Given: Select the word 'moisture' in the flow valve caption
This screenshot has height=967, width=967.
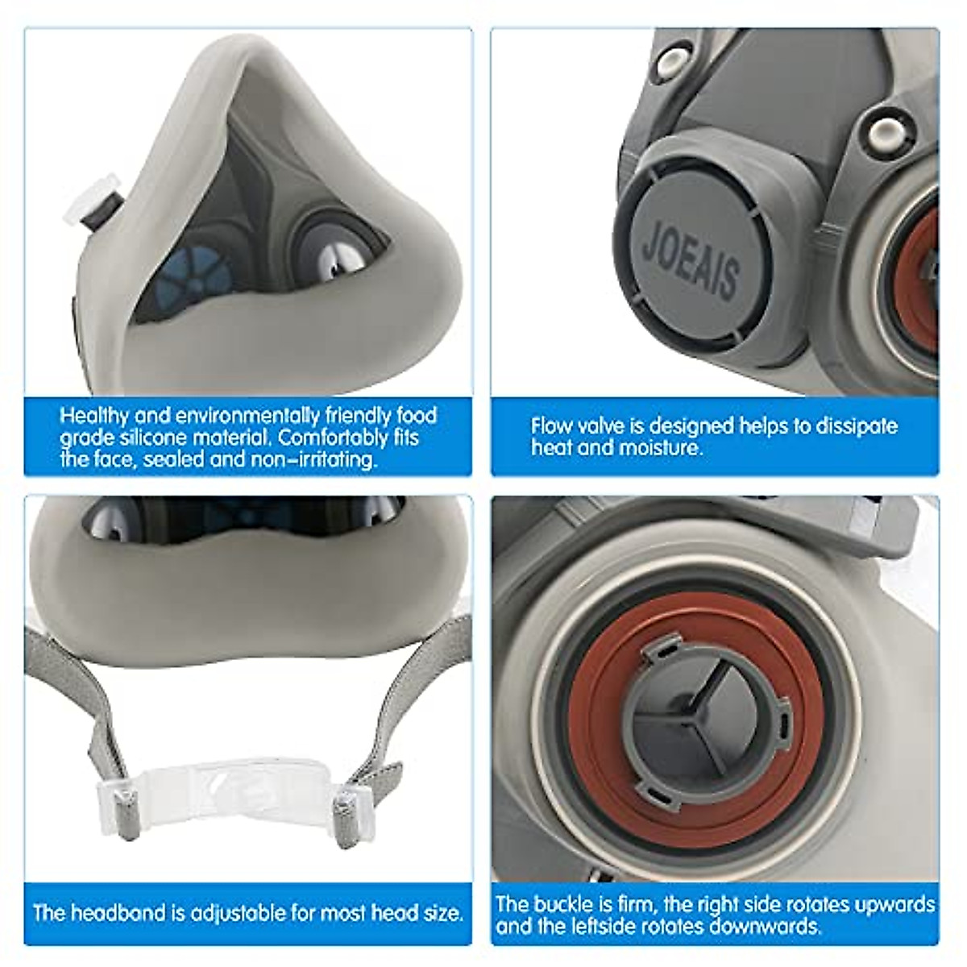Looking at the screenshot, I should coord(658,447).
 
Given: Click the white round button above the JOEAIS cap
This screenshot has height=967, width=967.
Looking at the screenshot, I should coord(666,62).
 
